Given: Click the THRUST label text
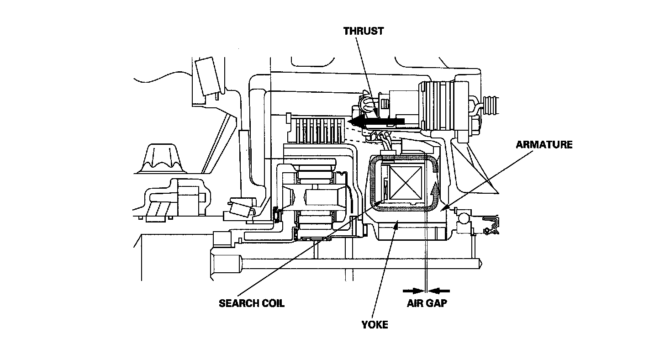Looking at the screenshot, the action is click(x=364, y=31).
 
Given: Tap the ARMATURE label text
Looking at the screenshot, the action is click(x=544, y=145).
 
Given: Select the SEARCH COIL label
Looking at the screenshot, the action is click(x=252, y=303).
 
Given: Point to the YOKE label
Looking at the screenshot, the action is click(x=375, y=325).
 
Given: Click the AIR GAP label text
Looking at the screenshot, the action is click(x=427, y=303).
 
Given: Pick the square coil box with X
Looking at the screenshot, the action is click(x=406, y=182).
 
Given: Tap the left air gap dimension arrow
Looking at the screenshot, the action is click(x=413, y=291).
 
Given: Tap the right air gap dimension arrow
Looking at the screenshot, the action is click(x=439, y=291).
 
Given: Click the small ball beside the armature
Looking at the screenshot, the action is click(x=464, y=219).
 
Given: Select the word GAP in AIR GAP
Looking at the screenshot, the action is click(x=437, y=303).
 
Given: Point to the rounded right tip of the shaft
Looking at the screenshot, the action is click(x=480, y=264).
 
